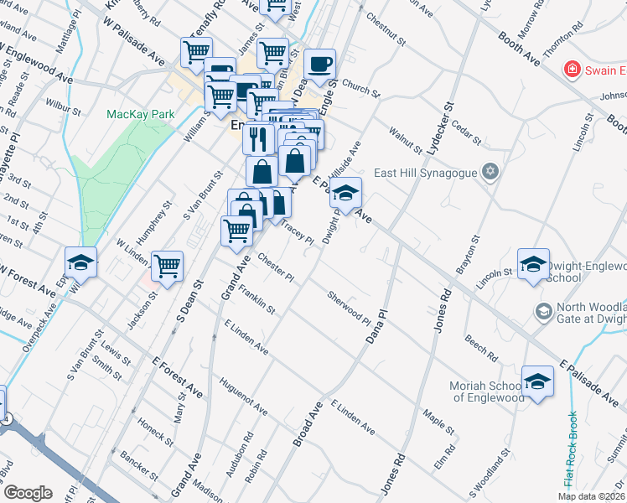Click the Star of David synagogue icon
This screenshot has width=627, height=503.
click(x=491, y=174)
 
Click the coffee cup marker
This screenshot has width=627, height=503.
click(x=319, y=64)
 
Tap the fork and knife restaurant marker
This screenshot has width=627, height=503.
click(x=259, y=137)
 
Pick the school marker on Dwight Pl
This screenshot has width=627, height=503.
click(x=345, y=194)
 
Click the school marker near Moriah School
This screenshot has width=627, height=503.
click(x=537, y=381)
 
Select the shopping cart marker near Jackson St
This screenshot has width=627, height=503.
click(x=168, y=266)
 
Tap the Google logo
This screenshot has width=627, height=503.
click(x=28, y=493)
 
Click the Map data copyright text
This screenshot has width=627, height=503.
click(x=590, y=496)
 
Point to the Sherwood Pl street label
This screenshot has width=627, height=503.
click(x=349, y=309)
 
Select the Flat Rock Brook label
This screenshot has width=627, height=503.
click(x=570, y=451)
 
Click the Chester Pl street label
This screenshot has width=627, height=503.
click(x=277, y=267)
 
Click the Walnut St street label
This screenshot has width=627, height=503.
click(x=406, y=139)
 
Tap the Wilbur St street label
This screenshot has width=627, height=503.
click(x=65, y=109)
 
